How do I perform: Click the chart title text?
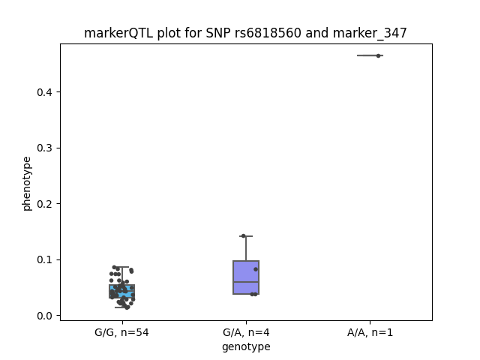coord(245,33)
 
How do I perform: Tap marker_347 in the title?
coord(370,33)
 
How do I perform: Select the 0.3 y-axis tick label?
coord(45,148)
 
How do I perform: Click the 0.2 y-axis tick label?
coord(45,204)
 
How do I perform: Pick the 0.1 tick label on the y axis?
coord(45,260)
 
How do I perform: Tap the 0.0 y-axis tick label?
coord(45,316)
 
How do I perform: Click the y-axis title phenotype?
coord(27,184)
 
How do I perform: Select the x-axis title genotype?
coord(246,346)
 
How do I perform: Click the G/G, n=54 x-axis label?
coord(121,332)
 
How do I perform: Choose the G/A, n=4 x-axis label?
coord(246,332)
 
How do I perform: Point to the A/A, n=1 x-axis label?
coord(370,332)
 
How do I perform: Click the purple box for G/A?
coord(246,277)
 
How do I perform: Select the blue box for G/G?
coord(121,291)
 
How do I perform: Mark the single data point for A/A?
coord(378,55)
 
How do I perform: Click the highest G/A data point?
coord(243,236)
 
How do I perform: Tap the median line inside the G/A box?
coord(246,282)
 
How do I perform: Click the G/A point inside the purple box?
coord(256,269)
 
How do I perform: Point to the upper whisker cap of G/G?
coord(121,267)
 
